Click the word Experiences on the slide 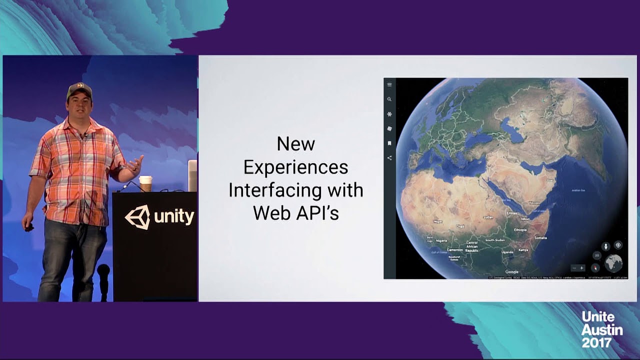click(x=295, y=167)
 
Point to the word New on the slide click(x=295, y=144)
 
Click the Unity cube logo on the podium click(x=137, y=217)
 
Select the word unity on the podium click(x=174, y=217)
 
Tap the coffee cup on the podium click(x=145, y=183)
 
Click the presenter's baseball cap click(x=79, y=89)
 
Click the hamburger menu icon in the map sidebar click(x=389, y=84)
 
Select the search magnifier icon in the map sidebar click(x=389, y=99)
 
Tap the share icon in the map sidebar click(x=389, y=158)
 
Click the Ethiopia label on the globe click(x=520, y=230)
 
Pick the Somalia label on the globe click(x=540, y=237)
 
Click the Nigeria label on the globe click(x=441, y=240)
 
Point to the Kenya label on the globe click(x=522, y=250)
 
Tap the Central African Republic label click(x=472, y=246)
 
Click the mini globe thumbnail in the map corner click(x=613, y=263)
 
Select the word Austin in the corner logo click(x=601, y=330)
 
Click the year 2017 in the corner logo click(x=596, y=342)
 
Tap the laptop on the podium click(x=192, y=175)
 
